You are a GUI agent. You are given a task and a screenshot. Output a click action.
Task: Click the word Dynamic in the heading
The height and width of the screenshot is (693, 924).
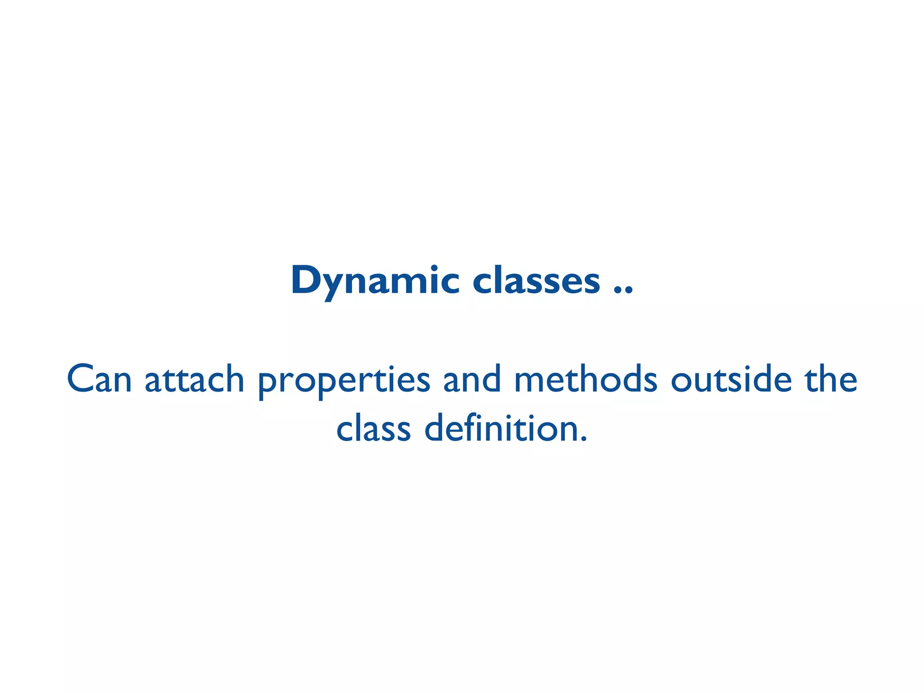pos(375,281)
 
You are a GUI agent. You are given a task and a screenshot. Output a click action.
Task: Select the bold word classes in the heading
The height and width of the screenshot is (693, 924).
pos(536,281)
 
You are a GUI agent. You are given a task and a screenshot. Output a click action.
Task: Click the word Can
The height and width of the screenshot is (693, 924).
pos(99,379)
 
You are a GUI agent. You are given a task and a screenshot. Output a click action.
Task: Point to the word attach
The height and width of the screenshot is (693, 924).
pos(194,379)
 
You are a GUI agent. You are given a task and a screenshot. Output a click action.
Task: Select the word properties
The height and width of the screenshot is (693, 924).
pos(344,381)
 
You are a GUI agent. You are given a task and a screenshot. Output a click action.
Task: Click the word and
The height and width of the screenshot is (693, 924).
pos(472,379)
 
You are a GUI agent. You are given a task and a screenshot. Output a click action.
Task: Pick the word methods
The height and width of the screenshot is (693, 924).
pos(586,379)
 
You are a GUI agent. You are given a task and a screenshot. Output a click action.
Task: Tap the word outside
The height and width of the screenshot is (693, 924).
pos(731,379)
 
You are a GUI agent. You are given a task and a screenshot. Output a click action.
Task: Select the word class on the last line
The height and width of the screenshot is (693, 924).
pos(374,429)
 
